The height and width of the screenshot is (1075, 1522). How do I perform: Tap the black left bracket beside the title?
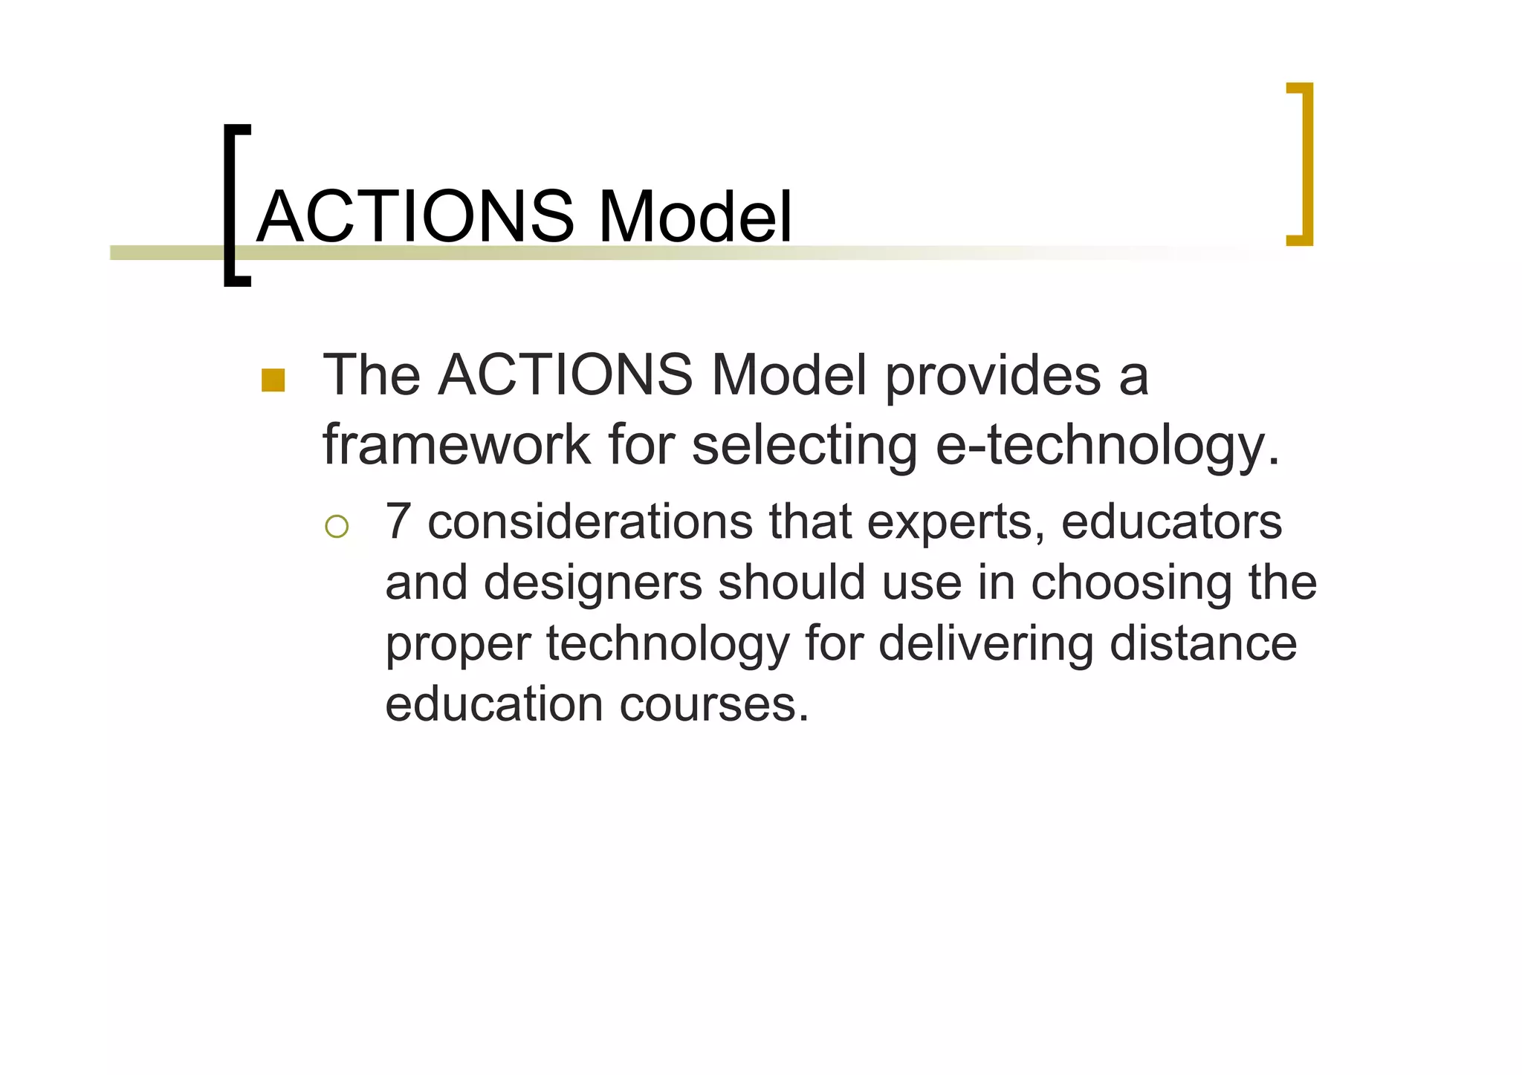point(232,204)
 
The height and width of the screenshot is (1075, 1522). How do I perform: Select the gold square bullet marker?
point(273,380)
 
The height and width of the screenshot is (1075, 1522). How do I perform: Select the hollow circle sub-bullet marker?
point(336,527)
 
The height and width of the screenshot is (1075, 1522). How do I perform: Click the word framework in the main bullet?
point(456,445)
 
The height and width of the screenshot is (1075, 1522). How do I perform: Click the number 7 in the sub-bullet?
point(398,522)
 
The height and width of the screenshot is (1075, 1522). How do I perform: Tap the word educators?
point(1171,522)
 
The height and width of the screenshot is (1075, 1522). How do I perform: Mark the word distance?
point(1202,643)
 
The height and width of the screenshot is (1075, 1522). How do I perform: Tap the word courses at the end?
point(713,704)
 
